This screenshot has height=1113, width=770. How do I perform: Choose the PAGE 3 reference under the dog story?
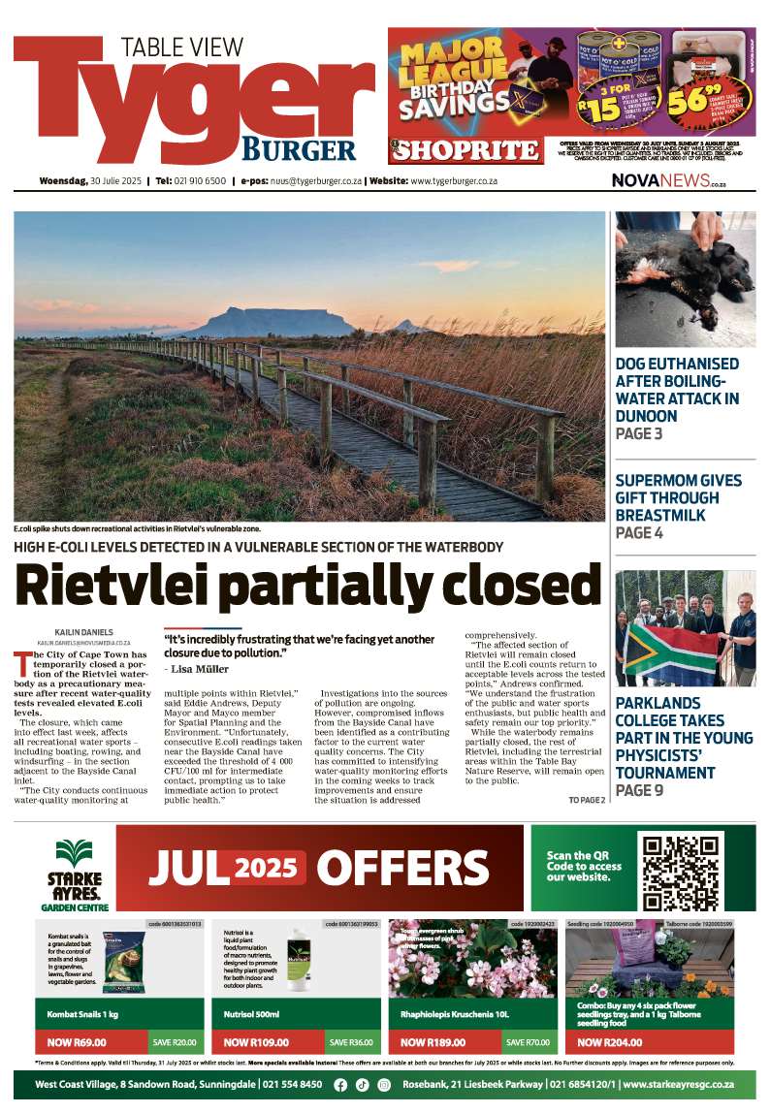tap(639, 433)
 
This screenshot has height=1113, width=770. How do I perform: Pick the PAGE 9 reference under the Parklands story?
tap(639, 790)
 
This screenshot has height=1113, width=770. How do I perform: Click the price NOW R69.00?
tap(77, 1042)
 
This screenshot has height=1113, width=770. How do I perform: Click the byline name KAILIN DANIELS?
tap(76, 631)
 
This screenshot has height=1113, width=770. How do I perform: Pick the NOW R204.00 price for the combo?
tap(609, 1042)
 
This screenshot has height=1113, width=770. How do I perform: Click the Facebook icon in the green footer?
tap(340, 1085)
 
